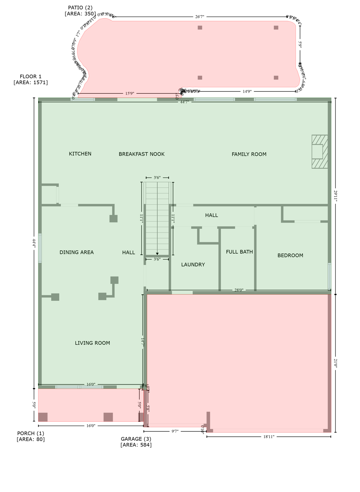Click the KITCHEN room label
click(80, 154)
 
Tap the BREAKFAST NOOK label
click(142, 154)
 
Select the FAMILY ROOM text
click(249, 154)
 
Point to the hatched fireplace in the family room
click(319, 152)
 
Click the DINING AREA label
click(77, 252)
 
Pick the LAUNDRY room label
click(193, 265)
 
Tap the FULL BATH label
click(239, 252)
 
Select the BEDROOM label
click(290, 255)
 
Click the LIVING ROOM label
click(92, 343)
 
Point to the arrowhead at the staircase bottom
click(157, 254)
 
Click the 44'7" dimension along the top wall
click(184, 102)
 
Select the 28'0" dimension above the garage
click(239, 290)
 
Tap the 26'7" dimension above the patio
click(200, 17)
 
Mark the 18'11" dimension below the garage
click(269, 437)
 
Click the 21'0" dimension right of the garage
click(335, 363)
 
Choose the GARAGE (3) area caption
click(136, 442)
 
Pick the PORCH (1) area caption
click(31, 436)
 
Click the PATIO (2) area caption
click(80, 11)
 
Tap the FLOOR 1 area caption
click(31, 79)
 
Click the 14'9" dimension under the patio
click(247, 91)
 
